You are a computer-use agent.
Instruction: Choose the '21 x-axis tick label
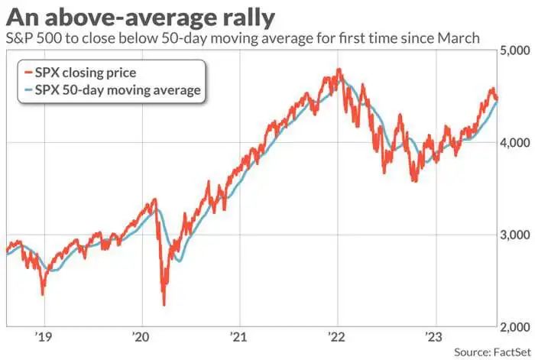point(238,336)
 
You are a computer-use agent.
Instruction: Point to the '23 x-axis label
point(435,336)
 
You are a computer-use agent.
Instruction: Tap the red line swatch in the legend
point(27,73)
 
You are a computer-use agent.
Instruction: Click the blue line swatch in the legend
point(27,90)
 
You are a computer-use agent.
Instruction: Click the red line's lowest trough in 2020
point(164,304)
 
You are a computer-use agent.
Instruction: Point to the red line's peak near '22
point(339,70)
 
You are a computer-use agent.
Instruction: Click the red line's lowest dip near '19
point(42,294)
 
